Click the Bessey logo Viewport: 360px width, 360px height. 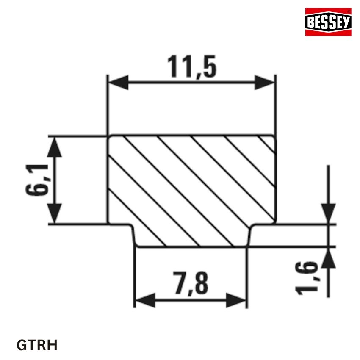pyautogui.click(x=328, y=22)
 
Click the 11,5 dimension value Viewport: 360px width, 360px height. pyautogui.click(x=191, y=67)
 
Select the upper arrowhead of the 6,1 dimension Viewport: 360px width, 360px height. pyautogui.click(x=54, y=146)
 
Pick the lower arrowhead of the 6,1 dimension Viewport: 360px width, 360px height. pyautogui.click(x=54, y=213)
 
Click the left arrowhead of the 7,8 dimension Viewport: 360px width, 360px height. pyautogui.click(x=144, y=300)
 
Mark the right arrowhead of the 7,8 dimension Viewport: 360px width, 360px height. pyautogui.click(x=236, y=300)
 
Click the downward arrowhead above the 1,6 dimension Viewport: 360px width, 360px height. pyautogui.click(x=328, y=213)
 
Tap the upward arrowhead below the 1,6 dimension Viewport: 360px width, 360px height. pyautogui.click(x=328, y=257)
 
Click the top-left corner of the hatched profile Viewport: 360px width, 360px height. pyautogui.click(x=109, y=137)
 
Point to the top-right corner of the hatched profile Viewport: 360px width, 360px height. pyautogui.click(x=275, y=137)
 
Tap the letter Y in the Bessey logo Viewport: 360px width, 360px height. pyautogui.click(x=346, y=22)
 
